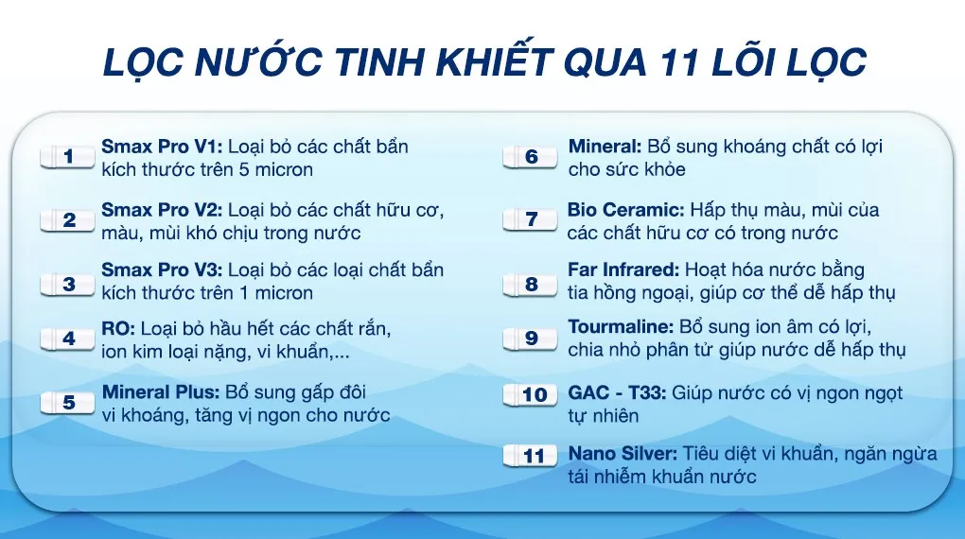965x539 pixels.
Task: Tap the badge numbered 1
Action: [69, 157]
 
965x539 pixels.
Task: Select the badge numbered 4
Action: [69, 339]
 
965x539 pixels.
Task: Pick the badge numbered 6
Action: [532, 157]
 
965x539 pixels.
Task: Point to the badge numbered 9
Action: [532, 339]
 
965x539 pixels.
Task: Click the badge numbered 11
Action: [535, 456]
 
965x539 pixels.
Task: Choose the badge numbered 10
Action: [535, 394]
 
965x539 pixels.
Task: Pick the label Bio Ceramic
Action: [625, 209]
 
